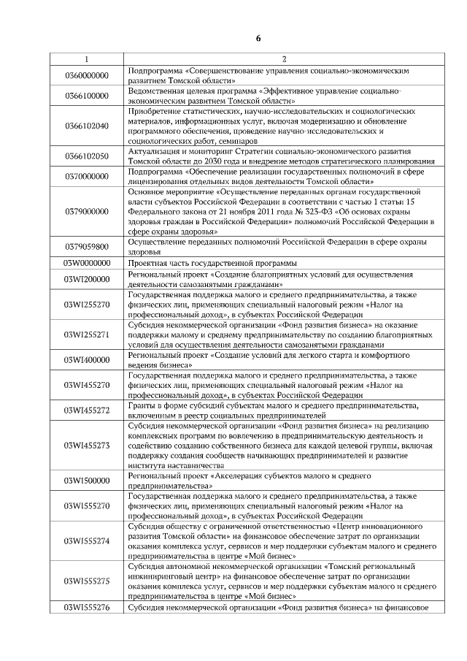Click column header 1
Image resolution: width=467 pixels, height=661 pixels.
point(87,59)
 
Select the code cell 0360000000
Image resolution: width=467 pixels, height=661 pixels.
point(87,75)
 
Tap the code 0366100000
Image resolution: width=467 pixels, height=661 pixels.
point(87,95)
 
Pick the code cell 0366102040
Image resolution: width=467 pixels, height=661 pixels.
point(87,126)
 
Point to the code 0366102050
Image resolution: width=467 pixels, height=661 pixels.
point(87,156)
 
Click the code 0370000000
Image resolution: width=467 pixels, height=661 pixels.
point(87,176)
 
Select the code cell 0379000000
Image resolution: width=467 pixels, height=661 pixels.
point(87,211)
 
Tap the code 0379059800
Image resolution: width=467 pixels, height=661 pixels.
point(87,246)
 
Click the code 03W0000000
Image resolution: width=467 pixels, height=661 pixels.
point(87,262)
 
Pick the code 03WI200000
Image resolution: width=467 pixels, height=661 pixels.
point(87,279)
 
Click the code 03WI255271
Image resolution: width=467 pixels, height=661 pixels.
point(87,334)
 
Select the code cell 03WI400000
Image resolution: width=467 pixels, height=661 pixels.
point(87,359)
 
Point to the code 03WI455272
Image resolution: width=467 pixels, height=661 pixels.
point(87,410)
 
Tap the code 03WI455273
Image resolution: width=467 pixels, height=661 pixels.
point(87,445)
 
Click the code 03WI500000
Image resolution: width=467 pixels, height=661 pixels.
point(87,480)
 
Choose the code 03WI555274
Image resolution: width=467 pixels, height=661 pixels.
point(87,540)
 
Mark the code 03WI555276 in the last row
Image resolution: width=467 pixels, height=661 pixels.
point(87,607)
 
